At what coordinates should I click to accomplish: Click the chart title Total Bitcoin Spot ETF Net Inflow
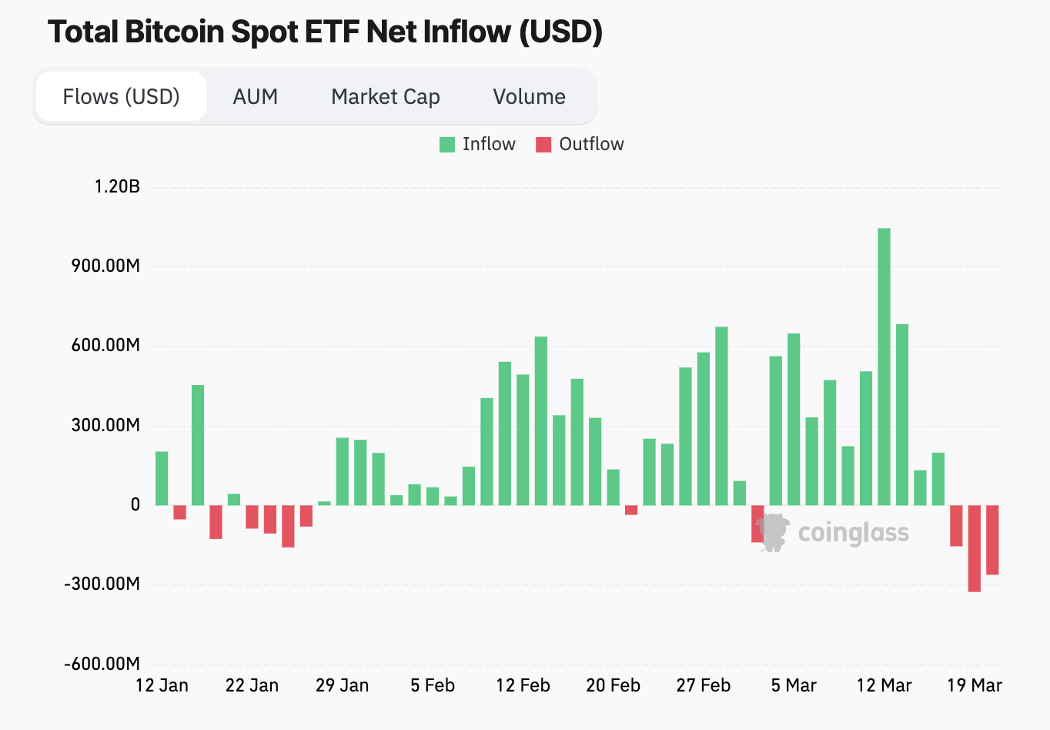(x=324, y=32)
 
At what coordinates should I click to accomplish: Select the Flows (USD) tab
(x=121, y=97)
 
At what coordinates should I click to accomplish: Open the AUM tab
(x=255, y=97)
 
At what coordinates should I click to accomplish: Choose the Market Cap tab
(x=385, y=97)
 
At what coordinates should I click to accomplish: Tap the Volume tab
(x=529, y=97)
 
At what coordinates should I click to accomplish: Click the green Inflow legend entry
(x=477, y=145)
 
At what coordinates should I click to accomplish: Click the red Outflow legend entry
(x=580, y=145)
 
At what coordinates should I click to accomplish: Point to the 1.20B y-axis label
(x=117, y=186)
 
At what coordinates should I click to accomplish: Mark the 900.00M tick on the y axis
(x=106, y=266)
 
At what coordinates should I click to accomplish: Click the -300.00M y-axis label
(x=102, y=584)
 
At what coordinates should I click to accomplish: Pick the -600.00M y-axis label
(x=102, y=664)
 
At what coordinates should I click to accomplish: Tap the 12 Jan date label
(x=162, y=685)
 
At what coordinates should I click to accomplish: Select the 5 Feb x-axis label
(x=433, y=685)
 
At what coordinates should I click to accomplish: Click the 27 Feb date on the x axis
(x=704, y=685)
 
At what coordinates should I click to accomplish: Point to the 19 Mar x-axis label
(x=975, y=685)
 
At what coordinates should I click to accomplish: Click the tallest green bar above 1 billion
(x=884, y=367)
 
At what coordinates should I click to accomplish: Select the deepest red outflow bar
(x=975, y=548)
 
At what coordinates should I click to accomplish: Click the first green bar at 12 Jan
(x=162, y=478)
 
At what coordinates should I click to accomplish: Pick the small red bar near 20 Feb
(x=631, y=511)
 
